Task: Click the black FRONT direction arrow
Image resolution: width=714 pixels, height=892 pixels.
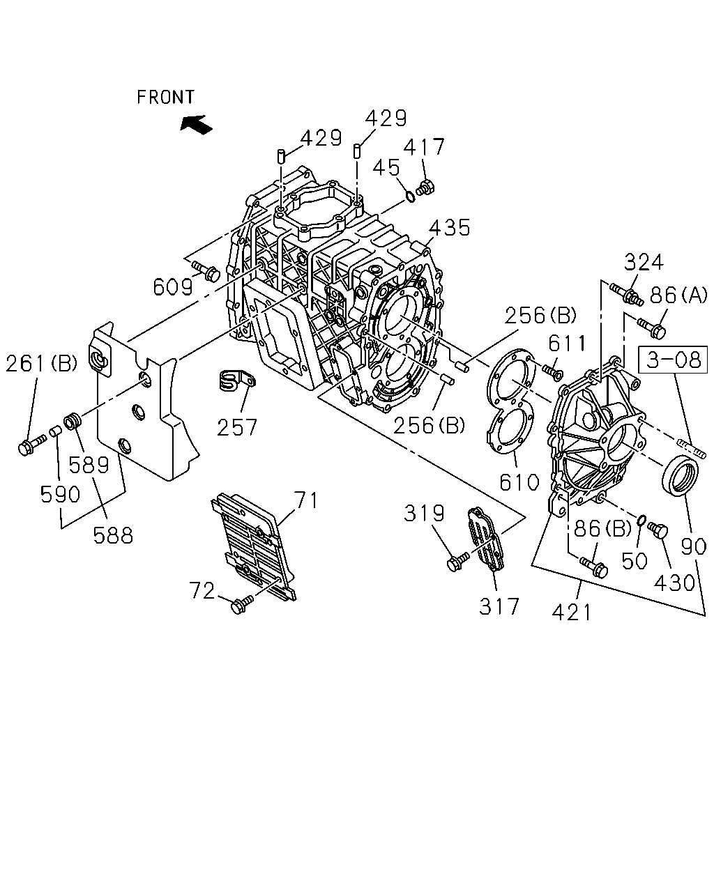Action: [196, 124]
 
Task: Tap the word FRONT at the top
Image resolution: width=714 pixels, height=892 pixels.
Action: [165, 97]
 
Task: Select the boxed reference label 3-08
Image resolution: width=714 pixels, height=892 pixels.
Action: [673, 359]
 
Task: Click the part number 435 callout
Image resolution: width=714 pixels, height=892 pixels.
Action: [450, 228]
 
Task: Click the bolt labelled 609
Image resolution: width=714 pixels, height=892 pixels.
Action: [206, 270]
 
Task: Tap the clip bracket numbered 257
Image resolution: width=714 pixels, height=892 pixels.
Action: [237, 380]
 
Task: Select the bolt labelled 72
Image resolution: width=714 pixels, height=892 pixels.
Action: [242, 604]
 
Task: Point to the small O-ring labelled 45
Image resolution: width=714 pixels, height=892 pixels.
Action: [410, 196]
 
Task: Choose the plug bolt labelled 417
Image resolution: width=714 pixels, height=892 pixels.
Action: [425, 188]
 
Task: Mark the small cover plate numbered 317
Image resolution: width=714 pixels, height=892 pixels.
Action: [485, 539]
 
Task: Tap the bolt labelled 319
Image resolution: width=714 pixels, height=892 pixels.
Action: [457, 561]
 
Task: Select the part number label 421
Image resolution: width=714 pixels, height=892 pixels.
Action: [571, 612]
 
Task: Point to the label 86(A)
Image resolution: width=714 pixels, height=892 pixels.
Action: [678, 295]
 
